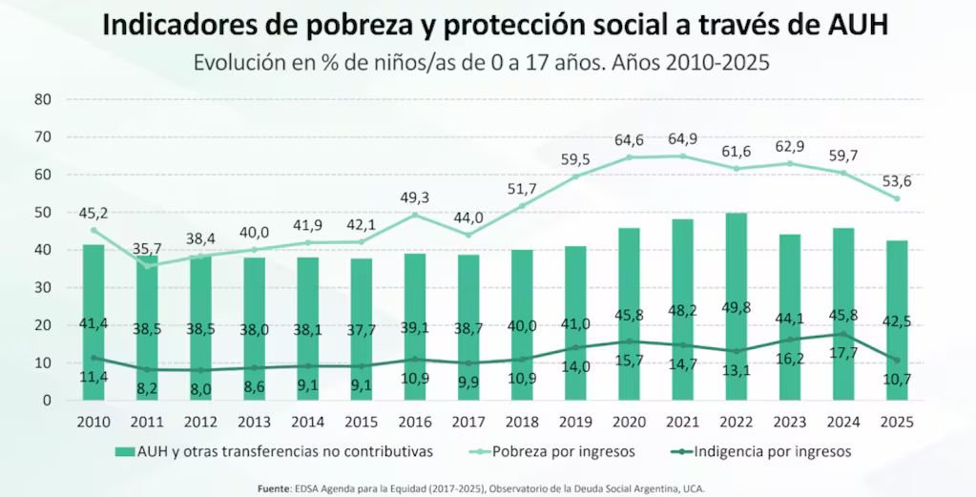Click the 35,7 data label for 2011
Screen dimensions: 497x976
point(148,250)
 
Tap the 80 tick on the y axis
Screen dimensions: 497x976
point(42,99)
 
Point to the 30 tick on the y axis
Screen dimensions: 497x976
point(42,287)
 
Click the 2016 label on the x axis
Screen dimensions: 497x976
point(414,422)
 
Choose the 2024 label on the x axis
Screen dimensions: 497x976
point(843,422)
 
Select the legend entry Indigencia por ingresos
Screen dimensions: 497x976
point(773,451)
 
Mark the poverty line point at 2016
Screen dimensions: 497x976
point(415,215)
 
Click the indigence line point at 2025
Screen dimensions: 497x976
point(897,361)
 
